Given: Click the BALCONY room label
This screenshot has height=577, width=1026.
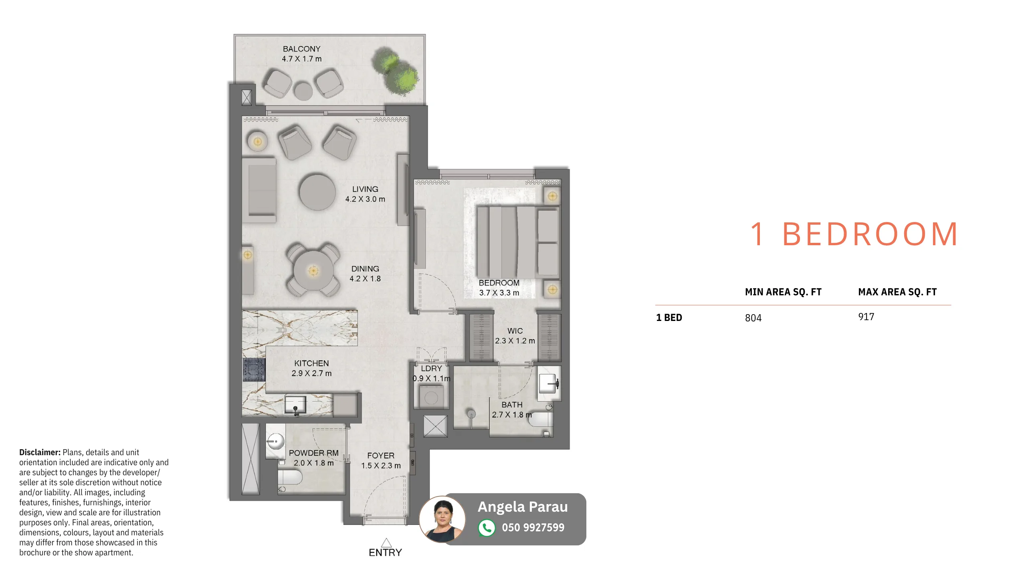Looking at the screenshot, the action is coord(301,49).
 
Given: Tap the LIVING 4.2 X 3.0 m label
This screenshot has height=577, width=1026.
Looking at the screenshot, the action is coord(365,194).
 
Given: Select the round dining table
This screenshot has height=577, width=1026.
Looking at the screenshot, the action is coord(313,270).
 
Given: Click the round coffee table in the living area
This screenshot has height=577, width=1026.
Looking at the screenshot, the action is coord(317,192).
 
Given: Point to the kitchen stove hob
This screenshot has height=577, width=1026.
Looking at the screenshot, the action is coord(254,369).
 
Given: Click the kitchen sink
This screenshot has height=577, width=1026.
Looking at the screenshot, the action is coord(295,405).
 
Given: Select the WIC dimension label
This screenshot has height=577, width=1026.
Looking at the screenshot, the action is coord(515,341).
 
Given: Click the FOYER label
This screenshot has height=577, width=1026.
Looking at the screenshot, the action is coord(381,456).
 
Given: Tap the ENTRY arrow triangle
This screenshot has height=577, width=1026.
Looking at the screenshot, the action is coord(386,543).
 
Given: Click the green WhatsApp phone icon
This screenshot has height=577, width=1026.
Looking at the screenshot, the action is coord(487,528).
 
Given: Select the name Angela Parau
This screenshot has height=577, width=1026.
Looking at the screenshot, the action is coord(523,507).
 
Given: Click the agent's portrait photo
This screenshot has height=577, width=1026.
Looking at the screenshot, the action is coord(442,519).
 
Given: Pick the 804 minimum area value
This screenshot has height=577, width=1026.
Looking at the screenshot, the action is coord(753,318).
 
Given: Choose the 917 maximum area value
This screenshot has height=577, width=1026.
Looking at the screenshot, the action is coord(866,317).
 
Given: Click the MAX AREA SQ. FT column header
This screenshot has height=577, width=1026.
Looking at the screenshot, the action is coord(897,292).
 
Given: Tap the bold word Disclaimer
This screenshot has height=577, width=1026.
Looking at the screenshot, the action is coord(40,452).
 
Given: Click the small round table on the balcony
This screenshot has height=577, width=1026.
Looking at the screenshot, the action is coord(303,91).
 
